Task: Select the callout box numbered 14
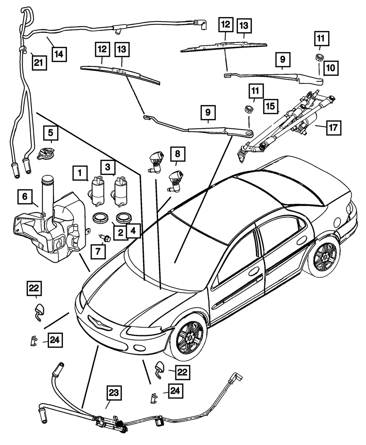(59, 55)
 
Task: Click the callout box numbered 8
(178, 154)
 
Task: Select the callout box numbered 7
(98, 251)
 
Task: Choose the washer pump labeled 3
(120, 191)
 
